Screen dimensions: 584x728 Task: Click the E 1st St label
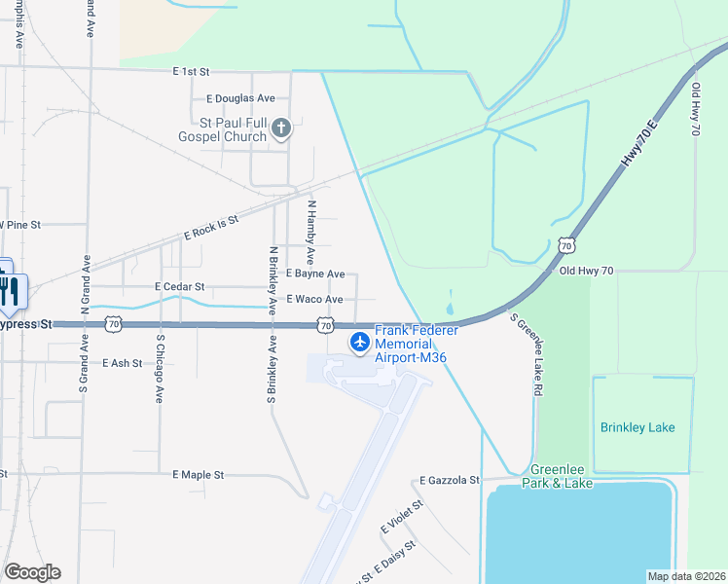pyautogui.click(x=191, y=72)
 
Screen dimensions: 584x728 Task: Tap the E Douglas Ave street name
pyautogui.click(x=241, y=98)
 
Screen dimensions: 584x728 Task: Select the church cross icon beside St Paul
pyautogui.click(x=281, y=128)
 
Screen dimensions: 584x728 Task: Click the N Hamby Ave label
pyautogui.click(x=311, y=234)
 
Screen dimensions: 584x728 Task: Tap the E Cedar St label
pyautogui.click(x=179, y=287)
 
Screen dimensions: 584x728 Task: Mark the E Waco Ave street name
pyautogui.click(x=314, y=300)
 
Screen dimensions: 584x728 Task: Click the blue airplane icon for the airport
pyautogui.click(x=360, y=342)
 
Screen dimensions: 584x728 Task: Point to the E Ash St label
pyautogui.click(x=122, y=363)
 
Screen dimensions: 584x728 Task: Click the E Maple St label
pyautogui.click(x=199, y=475)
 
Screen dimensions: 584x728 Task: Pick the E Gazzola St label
pyautogui.click(x=450, y=481)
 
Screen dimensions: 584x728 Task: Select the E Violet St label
pyautogui.click(x=403, y=516)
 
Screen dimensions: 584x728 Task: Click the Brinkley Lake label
pyautogui.click(x=637, y=427)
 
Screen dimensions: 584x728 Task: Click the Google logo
pyautogui.click(x=32, y=572)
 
